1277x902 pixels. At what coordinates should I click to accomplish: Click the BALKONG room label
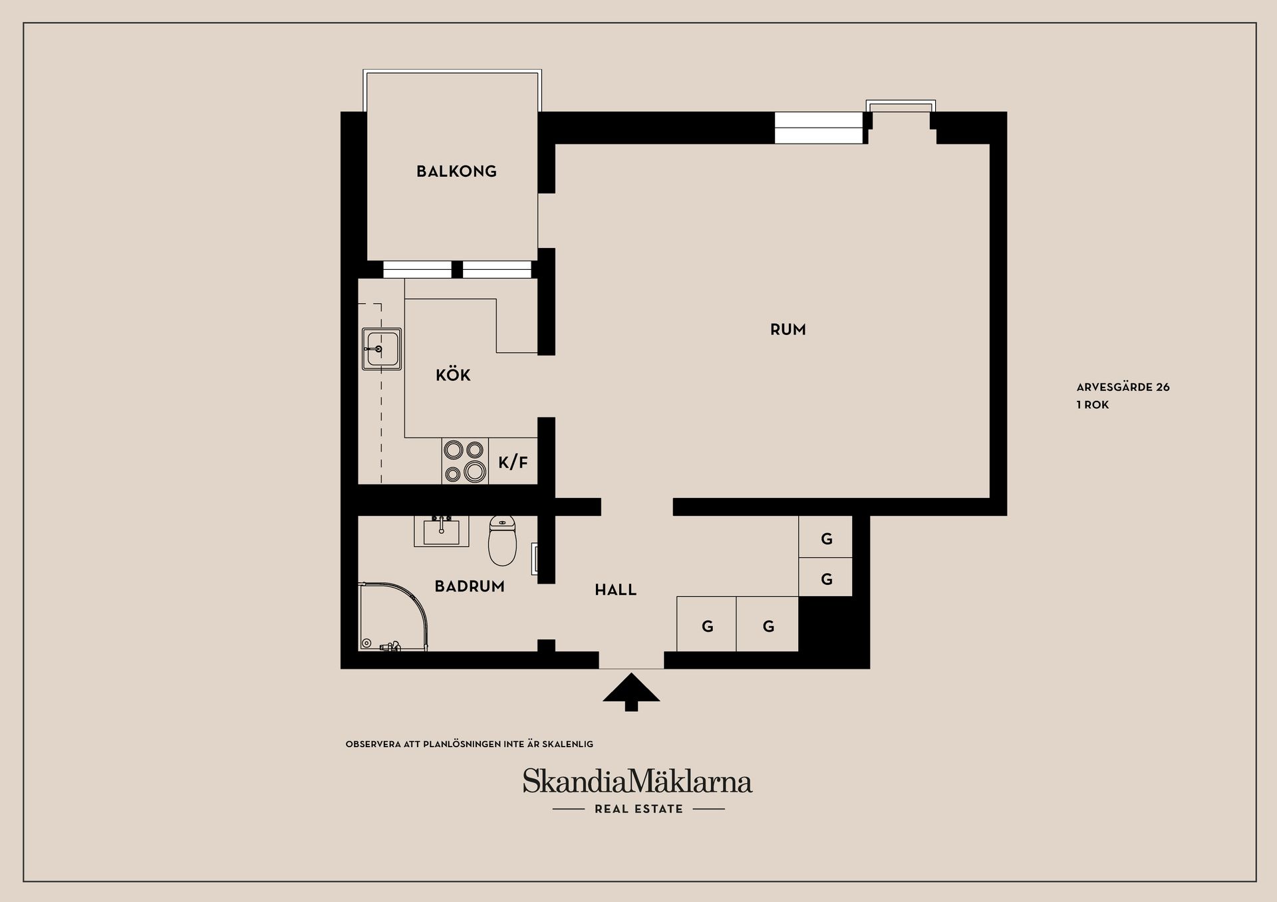pyautogui.click(x=456, y=171)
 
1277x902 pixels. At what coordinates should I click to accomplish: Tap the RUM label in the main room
pyautogui.click(x=788, y=330)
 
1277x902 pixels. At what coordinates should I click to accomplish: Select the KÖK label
pyautogui.click(x=453, y=375)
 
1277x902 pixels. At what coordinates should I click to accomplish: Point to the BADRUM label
pyautogui.click(x=470, y=586)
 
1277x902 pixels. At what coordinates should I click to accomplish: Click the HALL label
pyautogui.click(x=615, y=590)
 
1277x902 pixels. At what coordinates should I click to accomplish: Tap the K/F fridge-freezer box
pyautogui.click(x=513, y=461)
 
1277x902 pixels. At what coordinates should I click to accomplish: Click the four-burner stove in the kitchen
pyautogui.click(x=465, y=461)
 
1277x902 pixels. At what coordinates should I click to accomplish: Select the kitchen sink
pyautogui.click(x=382, y=348)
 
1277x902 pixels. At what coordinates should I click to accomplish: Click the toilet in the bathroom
pyautogui.click(x=502, y=540)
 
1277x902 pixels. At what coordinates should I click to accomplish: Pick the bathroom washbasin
pyautogui.click(x=441, y=530)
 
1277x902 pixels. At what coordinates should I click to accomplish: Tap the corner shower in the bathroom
pyautogui.click(x=393, y=617)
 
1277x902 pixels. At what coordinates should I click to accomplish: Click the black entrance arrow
pyautogui.click(x=631, y=692)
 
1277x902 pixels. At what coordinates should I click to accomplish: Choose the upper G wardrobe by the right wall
pyautogui.click(x=825, y=536)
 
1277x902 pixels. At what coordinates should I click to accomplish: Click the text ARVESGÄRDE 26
pyautogui.click(x=1123, y=387)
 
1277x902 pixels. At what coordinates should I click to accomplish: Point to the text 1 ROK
pyautogui.click(x=1093, y=405)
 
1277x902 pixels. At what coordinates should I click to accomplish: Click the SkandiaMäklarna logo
pyautogui.click(x=637, y=781)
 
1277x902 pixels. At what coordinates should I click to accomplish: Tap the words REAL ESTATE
pyautogui.click(x=638, y=809)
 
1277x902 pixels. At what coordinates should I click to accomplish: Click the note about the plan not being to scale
pyautogui.click(x=469, y=744)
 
